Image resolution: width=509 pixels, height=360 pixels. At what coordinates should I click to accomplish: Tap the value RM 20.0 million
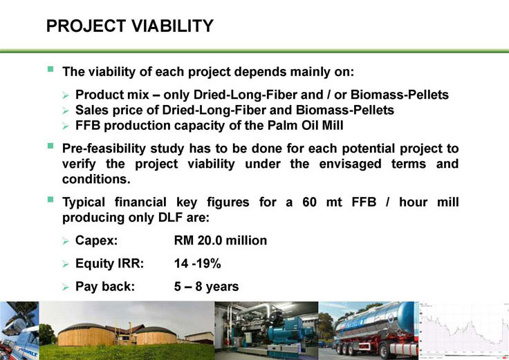coord(221,240)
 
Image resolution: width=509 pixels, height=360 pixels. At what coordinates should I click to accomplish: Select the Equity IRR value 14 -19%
coord(197,263)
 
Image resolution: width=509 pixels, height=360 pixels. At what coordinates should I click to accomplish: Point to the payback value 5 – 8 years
coord(206,286)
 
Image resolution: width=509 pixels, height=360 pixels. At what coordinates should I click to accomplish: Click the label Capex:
coord(96,240)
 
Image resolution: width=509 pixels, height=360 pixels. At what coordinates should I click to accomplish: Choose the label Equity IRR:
coord(109,263)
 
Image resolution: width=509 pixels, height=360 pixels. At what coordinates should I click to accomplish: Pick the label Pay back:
coord(105,286)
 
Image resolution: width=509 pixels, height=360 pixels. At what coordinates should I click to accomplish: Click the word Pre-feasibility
coord(104,149)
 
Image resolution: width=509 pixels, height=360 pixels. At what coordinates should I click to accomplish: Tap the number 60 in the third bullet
coord(309,202)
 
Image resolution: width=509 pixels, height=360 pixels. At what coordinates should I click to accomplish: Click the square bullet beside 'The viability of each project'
coord(50,69)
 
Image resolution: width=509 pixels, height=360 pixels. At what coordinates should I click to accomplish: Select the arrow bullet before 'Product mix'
coord(66,95)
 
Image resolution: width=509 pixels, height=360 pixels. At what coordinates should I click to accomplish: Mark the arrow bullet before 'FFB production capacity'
coord(66,126)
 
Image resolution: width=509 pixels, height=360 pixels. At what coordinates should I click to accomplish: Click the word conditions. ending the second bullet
coord(96,179)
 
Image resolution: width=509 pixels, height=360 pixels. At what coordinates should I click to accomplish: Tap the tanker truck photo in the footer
coord(369,331)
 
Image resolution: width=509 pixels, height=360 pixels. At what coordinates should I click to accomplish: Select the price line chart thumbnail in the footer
coord(464,331)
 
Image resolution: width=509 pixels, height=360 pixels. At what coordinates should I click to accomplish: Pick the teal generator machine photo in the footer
coord(266,331)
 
